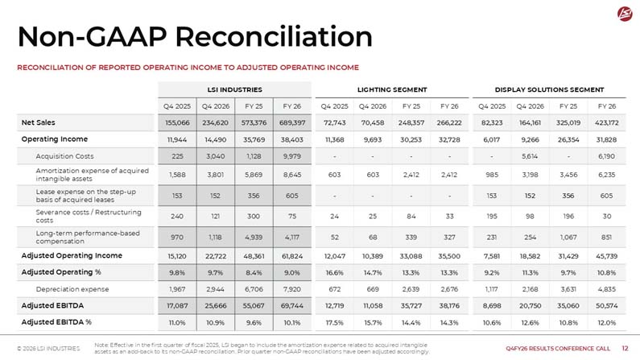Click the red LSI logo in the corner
625,14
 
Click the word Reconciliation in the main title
274,37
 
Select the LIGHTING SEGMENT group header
392,89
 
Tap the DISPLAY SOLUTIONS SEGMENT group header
549,89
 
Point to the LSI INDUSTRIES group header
235,89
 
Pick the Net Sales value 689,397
292,122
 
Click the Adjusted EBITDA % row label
56,322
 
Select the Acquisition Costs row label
64,156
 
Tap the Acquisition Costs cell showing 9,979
292,156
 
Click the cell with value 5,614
530,156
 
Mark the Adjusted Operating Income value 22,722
215,256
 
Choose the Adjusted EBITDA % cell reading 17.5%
334,322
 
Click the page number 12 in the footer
625,348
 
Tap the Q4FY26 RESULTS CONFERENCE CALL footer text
558,349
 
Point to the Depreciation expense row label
72,289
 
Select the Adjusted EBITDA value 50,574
606,306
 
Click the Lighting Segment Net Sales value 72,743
334,122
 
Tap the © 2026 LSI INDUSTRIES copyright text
48,349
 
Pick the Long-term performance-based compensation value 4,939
254,237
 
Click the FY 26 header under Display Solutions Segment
606,106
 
